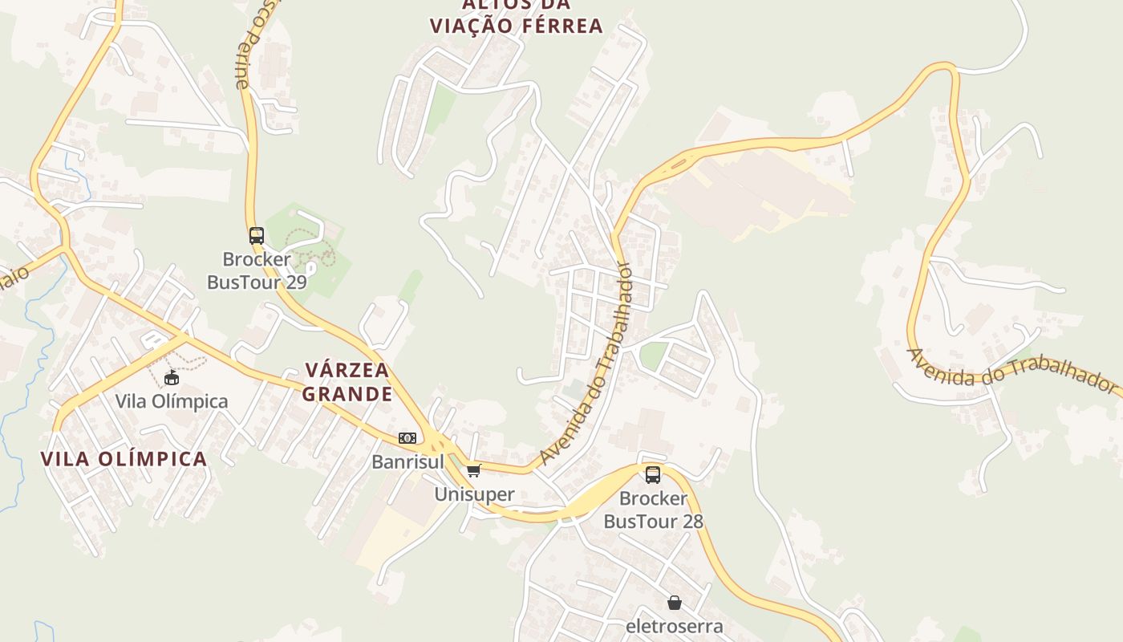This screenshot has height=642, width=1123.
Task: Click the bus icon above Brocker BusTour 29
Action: (x=257, y=236)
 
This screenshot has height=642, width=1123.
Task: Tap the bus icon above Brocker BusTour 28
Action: (x=653, y=474)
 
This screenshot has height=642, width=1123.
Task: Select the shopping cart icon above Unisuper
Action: (x=473, y=470)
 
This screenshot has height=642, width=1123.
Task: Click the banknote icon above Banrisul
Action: (x=407, y=438)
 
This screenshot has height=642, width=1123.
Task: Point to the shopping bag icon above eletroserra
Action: (x=674, y=603)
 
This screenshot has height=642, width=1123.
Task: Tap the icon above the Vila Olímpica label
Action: (x=171, y=377)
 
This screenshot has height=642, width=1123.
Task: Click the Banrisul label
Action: (x=407, y=461)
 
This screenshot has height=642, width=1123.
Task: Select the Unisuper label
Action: (x=474, y=494)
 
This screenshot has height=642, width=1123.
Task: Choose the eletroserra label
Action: (x=674, y=626)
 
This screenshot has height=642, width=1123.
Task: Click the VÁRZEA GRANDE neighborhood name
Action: (x=348, y=382)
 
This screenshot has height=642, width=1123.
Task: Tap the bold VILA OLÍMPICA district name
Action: (x=124, y=459)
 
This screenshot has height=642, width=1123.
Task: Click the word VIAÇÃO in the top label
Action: (x=471, y=26)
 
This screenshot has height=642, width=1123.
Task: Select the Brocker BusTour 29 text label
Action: (x=257, y=270)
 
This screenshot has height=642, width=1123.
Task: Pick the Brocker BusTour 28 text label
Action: (x=653, y=510)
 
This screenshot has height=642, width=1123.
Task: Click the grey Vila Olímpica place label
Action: (x=171, y=401)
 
